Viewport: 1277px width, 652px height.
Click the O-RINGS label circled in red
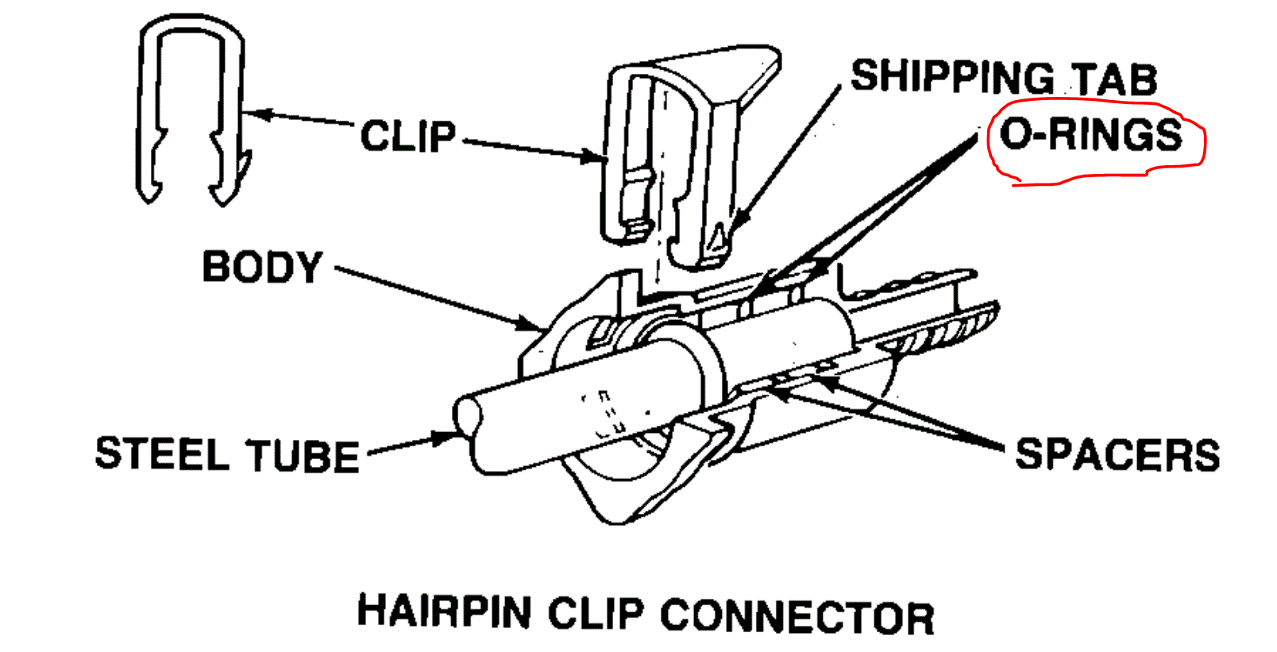coord(1091,134)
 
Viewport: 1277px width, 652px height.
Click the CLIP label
coord(408,137)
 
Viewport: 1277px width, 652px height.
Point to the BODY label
coord(262,268)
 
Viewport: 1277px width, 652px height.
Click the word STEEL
coord(162,454)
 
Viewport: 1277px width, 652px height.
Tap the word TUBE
coord(303,457)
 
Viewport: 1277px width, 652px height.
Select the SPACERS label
coord(1117,455)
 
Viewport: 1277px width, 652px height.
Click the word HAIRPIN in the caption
coord(444,612)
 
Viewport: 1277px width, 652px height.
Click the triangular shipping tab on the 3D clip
coord(719,237)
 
